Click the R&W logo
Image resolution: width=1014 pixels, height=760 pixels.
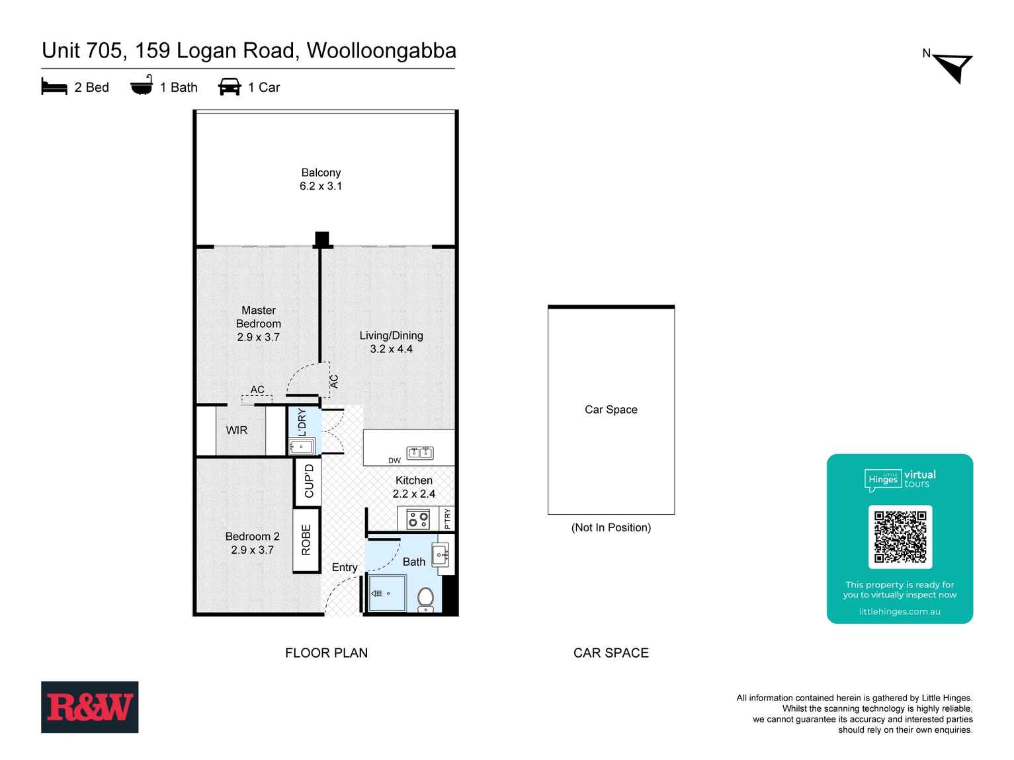coord(89,706)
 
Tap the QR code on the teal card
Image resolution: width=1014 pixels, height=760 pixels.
coord(900,537)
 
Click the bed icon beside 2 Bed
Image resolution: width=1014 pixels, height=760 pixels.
coord(54,87)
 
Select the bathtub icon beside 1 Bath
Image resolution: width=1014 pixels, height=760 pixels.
coord(141,87)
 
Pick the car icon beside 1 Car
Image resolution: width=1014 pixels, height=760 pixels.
coord(230,87)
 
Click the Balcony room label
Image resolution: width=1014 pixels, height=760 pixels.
coord(321,172)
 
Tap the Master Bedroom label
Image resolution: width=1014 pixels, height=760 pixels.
coord(259,317)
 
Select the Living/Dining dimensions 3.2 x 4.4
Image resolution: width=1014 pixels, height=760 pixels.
coord(391,349)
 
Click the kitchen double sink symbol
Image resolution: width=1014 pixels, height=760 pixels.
coord(420,453)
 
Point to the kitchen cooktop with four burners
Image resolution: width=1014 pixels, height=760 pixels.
coord(418,519)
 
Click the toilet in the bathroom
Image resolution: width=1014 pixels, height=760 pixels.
coord(425,599)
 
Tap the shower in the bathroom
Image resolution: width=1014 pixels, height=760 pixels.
coord(386,593)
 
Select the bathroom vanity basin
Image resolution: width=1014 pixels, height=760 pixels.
coord(441,554)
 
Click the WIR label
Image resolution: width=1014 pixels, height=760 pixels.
coord(237,430)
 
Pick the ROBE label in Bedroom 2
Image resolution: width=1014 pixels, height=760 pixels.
coord(306,540)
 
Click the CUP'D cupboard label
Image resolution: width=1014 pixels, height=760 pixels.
coord(309,481)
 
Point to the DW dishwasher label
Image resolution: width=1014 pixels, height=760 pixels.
coord(394,461)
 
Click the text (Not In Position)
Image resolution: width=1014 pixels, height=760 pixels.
coord(611,527)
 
